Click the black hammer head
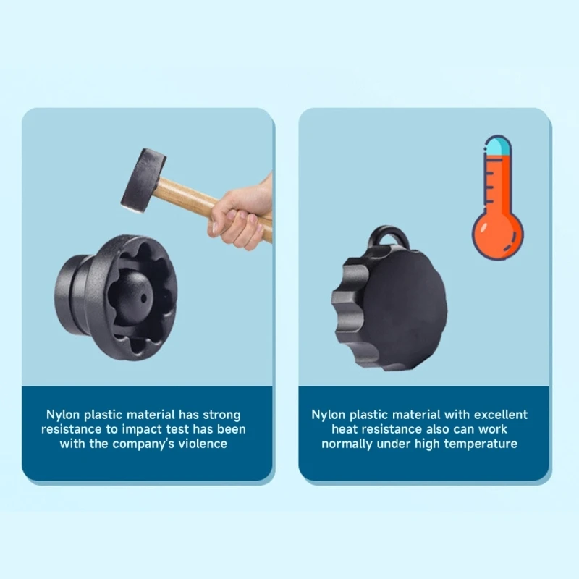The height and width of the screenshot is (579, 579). point(143,181)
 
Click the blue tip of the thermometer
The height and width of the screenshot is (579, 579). point(498,145)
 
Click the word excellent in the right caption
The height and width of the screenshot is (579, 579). point(500,415)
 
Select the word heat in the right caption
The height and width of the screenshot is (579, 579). point(345,429)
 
